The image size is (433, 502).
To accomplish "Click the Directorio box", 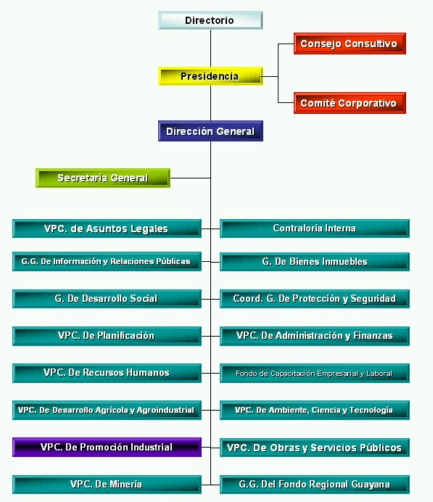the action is point(210,20).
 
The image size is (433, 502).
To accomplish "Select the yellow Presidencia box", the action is point(210,76).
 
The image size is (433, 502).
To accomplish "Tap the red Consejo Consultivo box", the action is point(350,44).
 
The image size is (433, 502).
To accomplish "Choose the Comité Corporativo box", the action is point(350,103).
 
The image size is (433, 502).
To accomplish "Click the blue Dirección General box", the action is point(210,131).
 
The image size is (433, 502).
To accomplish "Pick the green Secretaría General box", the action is point(103,178).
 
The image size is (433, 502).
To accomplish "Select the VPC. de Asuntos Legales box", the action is point(107,229).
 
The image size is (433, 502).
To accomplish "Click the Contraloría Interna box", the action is point(315,229).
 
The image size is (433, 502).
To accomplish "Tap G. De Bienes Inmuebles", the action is point(315,262).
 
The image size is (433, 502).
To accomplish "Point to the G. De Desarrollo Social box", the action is point(107,299).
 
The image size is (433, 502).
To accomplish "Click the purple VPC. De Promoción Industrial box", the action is point(107,448).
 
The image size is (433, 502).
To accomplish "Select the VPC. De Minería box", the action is point(107,485).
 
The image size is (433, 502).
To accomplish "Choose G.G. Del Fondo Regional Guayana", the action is point(315,485).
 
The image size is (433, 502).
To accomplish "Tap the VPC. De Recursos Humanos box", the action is point(107,373).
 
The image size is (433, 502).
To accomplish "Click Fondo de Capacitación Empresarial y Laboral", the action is point(315,373).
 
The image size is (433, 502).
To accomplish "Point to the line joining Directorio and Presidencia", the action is point(210,48).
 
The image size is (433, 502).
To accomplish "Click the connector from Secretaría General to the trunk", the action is point(191,178).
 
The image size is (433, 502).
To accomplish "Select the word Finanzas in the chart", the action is point(373,336).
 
